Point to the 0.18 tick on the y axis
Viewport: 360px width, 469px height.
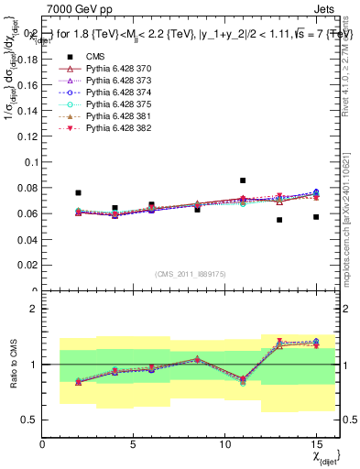click(x=27, y=59)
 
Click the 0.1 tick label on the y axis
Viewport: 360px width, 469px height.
click(x=30, y=162)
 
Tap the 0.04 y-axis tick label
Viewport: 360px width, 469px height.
click(x=27, y=240)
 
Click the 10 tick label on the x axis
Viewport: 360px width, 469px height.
click(x=224, y=444)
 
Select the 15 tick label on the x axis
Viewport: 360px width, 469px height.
click(x=316, y=444)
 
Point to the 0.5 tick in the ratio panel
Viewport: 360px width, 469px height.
click(x=30, y=420)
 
